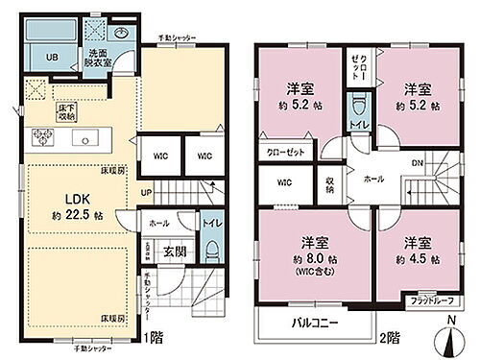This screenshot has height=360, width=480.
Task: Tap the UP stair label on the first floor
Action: [x=145, y=192]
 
